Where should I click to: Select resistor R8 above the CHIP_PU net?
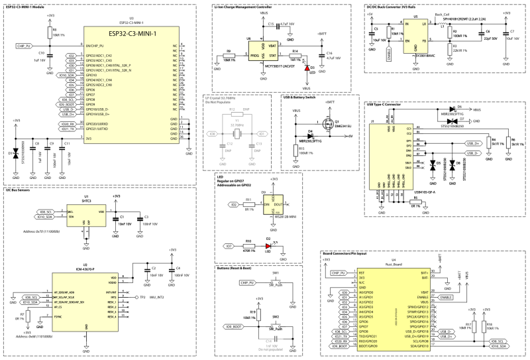(x=48, y=32)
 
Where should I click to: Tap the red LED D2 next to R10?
(x=268, y=246)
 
